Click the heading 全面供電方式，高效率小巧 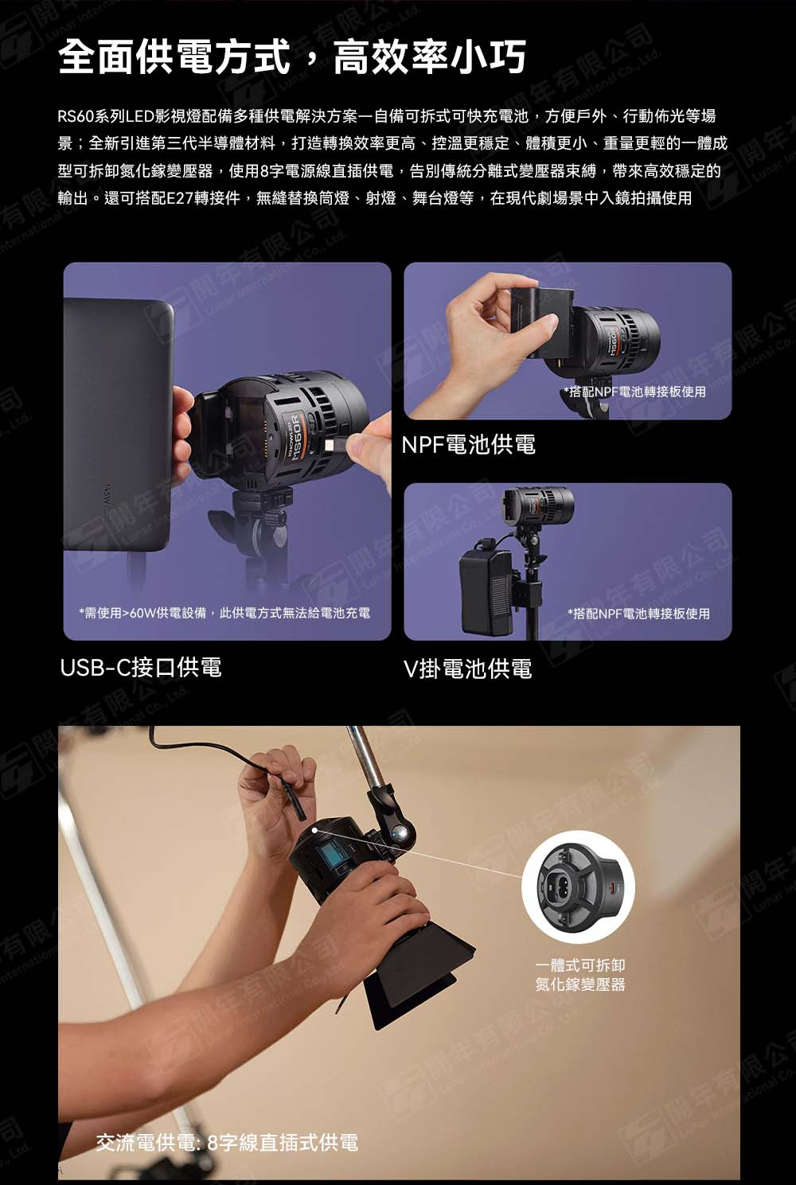tap(292, 57)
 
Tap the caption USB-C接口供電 tap(141, 667)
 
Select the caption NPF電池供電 tap(468, 444)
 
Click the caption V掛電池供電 tap(468, 669)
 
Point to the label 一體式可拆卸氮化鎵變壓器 tap(580, 974)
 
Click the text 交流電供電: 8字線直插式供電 tap(227, 1143)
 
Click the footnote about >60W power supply tap(224, 613)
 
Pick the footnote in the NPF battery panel tap(634, 392)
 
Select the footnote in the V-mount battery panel tap(638, 614)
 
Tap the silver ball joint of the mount tap(399, 832)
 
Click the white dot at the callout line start tap(315, 830)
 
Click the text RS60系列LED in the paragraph tap(105, 116)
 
